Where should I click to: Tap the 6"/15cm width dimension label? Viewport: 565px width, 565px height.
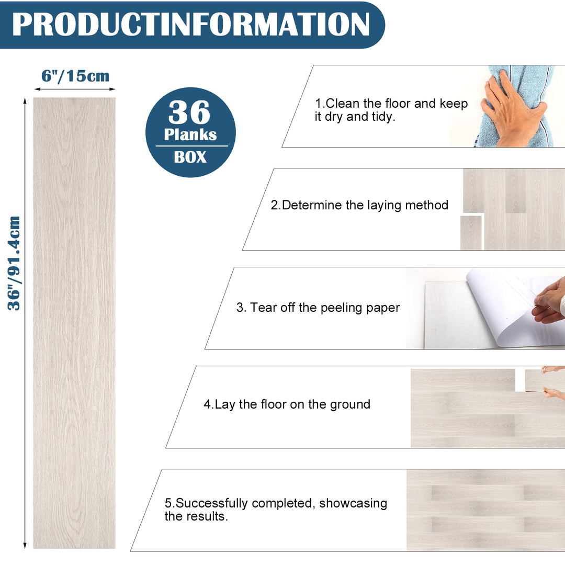tap(75, 76)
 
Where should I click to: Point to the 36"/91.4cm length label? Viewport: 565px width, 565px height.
tap(14, 263)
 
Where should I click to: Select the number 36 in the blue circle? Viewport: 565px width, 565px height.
tap(189, 112)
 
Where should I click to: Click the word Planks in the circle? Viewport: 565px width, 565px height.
tap(190, 134)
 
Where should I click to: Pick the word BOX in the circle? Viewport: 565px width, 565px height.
tap(190, 157)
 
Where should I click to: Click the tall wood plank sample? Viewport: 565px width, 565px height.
tap(74, 323)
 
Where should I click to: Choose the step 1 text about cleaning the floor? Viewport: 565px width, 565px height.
tap(391, 110)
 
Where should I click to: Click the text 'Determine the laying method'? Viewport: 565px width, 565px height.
tap(359, 205)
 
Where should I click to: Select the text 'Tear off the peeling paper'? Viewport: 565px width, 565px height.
tap(318, 308)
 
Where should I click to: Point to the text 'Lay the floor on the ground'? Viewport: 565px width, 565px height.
tap(287, 404)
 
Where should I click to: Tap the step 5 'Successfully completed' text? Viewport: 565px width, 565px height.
tap(276, 510)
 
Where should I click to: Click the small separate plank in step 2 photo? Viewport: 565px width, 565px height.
tap(471, 233)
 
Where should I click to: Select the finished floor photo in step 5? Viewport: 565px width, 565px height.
tap(485, 510)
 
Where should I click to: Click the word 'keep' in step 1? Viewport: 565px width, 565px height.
tap(454, 104)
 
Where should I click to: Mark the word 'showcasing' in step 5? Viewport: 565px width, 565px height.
tap(353, 503)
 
